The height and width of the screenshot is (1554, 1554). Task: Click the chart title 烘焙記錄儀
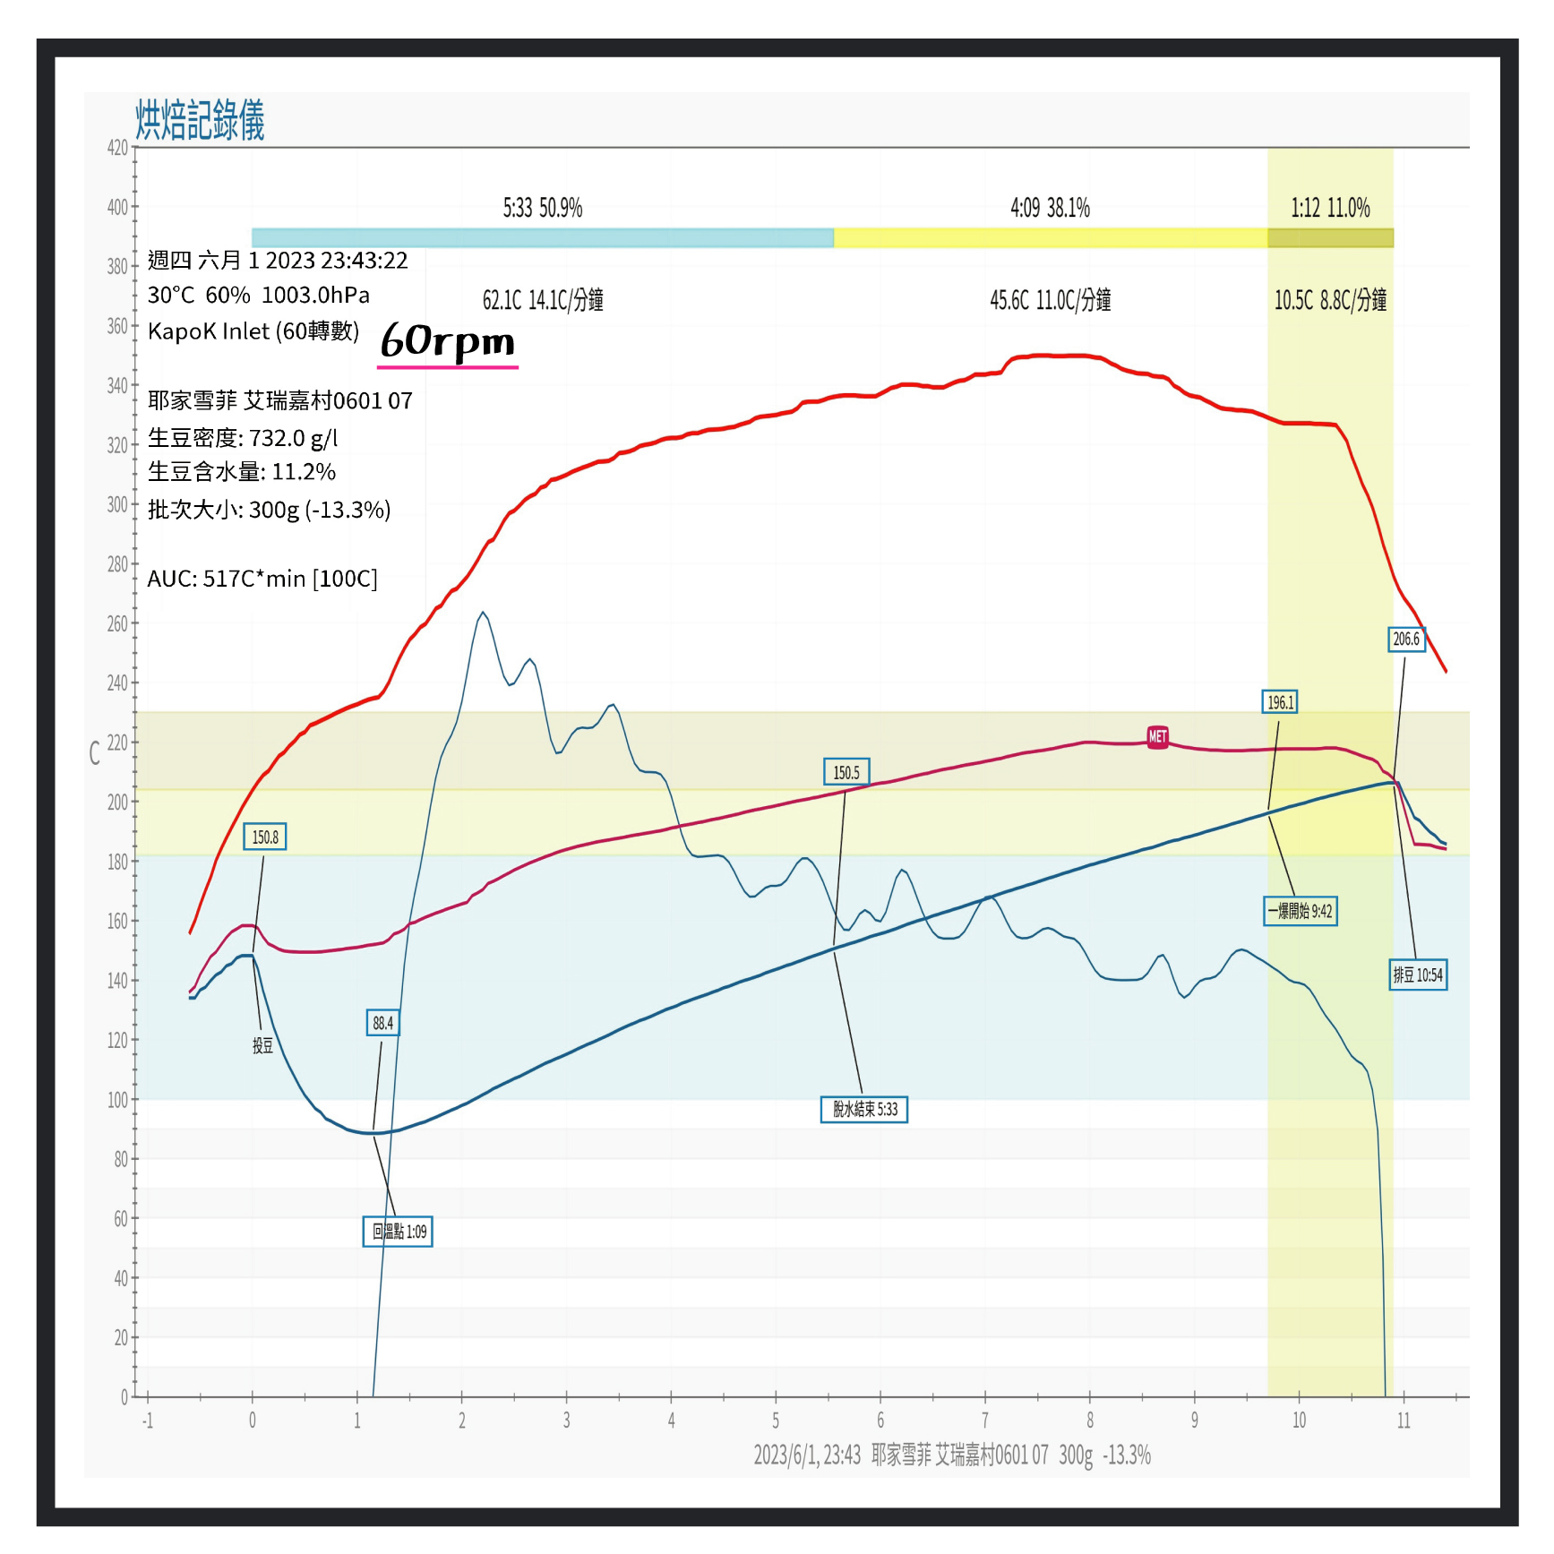click(x=200, y=120)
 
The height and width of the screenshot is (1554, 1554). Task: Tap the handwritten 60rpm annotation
click(x=448, y=341)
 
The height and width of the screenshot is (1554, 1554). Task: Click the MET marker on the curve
click(x=1157, y=736)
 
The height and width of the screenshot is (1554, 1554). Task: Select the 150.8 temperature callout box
click(x=264, y=837)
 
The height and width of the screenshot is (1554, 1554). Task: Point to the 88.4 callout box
click(x=382, y=1023)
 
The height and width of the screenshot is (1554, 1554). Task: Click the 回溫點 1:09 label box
click(x=398, y=1232)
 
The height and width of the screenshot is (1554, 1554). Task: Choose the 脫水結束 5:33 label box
click(x=864, y=1109)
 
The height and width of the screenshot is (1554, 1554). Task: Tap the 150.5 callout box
click(x=846, y=772)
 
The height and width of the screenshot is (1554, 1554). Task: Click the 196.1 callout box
click(x=1280, y=702)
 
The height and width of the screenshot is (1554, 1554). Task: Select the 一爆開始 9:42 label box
click(x=1300, y=911)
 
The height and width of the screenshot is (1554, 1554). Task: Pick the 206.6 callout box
click(x=1405, y=639)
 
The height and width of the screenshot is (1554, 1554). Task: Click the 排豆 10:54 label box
click(x=1418, y=974)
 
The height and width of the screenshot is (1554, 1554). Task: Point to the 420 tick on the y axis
click(x=117, y=148)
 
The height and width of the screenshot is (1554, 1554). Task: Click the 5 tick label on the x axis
click(x=776, y=1421)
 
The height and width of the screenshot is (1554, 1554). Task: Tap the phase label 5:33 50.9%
click(x=542, y=209)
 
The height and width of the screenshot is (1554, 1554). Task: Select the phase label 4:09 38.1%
click(x=1050, y=209)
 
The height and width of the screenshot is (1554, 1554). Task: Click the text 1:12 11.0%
click(x=1330, y=209)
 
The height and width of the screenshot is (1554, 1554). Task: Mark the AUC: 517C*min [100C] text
click(x=262, y=579)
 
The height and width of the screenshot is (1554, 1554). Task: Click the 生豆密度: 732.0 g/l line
click(x=243, y=438)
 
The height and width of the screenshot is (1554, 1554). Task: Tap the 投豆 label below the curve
click(x=262, y=1045)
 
